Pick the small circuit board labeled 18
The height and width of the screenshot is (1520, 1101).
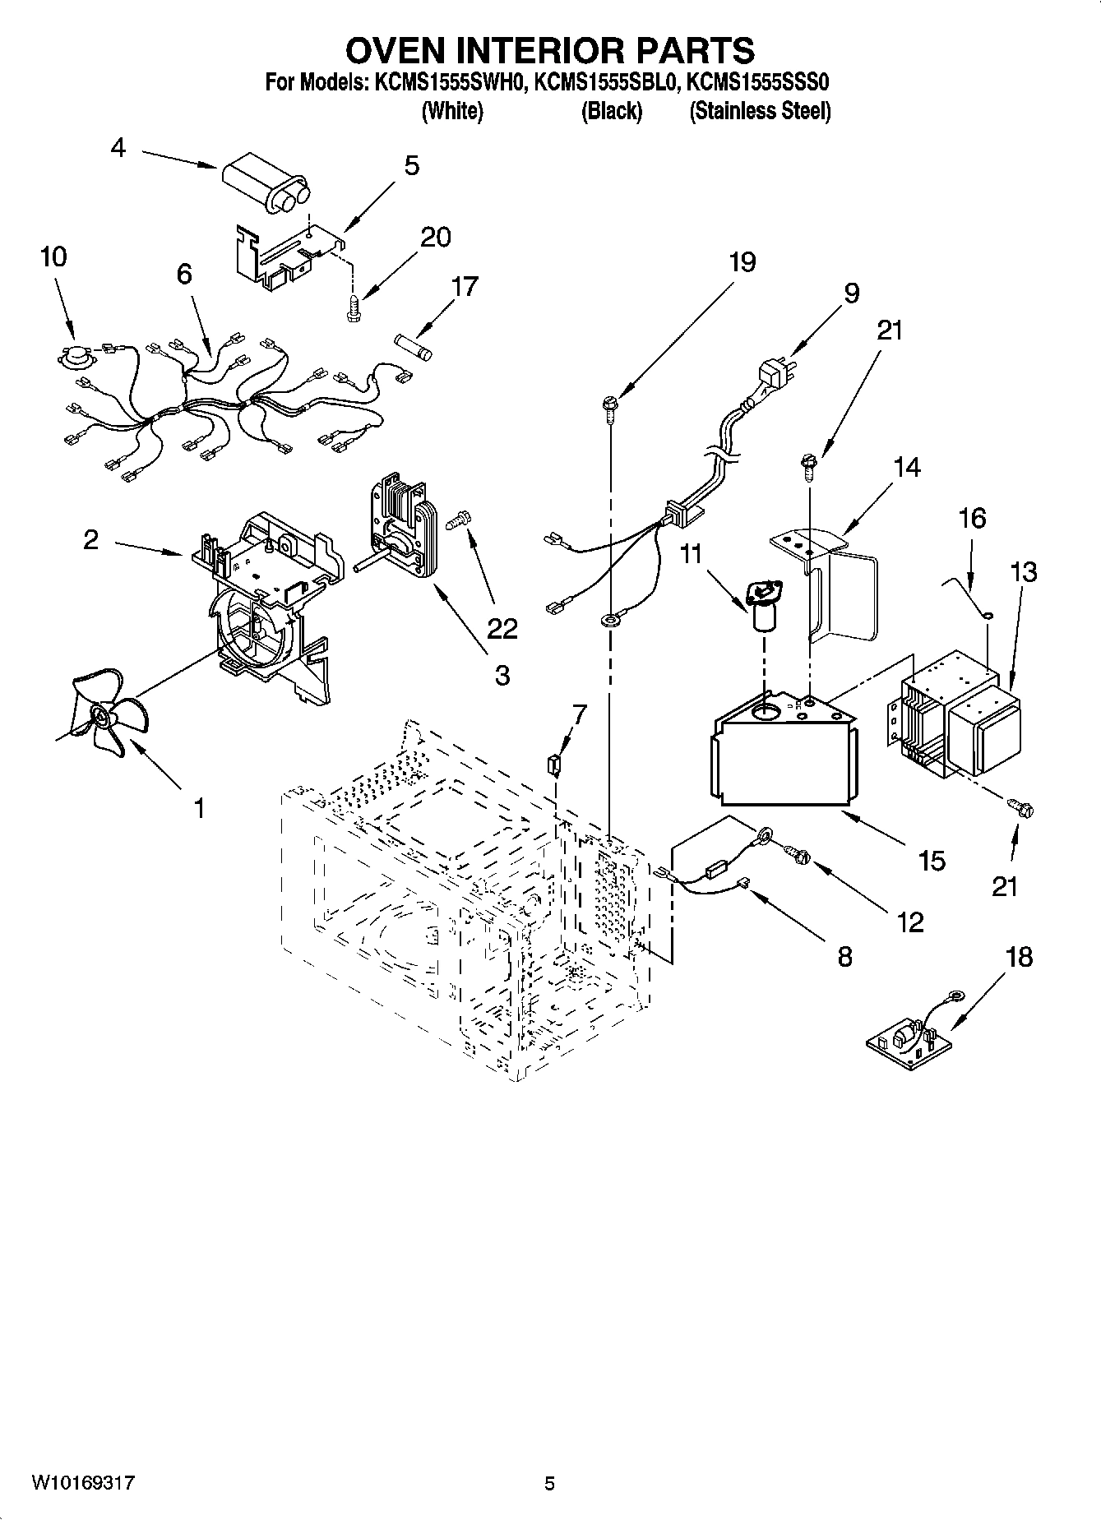(x=909, y=1042)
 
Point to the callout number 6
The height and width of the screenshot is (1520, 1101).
(x=183, y=274)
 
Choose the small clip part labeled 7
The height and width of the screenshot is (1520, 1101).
(x=555, y=765)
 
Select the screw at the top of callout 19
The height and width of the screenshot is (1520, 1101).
(x=610, y=406)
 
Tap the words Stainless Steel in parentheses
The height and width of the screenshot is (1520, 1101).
(x=760, y=111)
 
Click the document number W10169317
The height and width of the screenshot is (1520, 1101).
(x=82, y=1484)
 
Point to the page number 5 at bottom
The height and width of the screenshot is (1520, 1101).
(x=549, y=1484)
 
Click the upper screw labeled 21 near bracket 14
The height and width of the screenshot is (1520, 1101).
(x=807, y=465)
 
